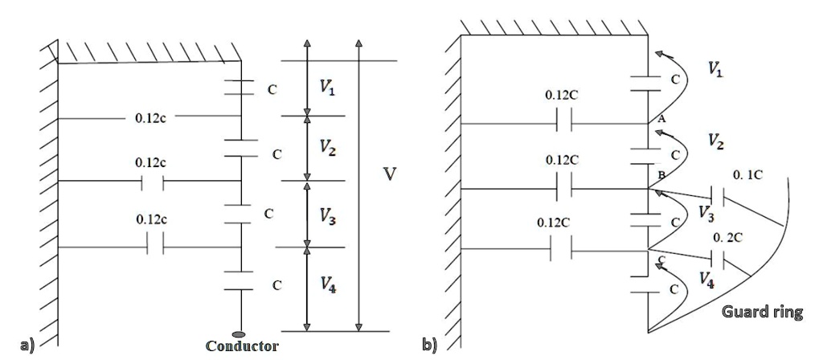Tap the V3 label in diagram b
(x=705, y=213)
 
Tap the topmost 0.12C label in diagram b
(x=562, y=95)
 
